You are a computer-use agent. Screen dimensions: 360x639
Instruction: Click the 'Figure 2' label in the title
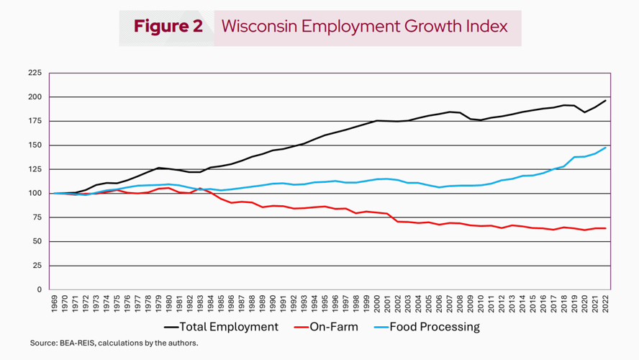pos(168,27)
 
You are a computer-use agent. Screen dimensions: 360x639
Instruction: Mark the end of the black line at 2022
pos(606,100)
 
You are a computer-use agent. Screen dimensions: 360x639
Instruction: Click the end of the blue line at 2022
pos(606,148)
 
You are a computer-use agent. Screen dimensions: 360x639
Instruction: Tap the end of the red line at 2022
pos(606,228)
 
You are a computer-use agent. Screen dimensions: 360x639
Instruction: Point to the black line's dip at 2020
pos(585,112)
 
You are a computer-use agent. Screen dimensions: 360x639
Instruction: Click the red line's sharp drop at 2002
pos(397,221)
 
